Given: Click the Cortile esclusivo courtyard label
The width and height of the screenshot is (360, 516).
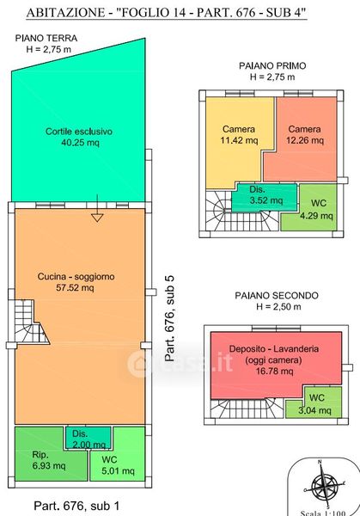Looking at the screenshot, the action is [79, 132].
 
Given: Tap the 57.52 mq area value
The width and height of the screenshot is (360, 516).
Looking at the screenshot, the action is [75, 287].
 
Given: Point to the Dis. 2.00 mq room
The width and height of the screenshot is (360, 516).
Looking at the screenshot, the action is [88, 438].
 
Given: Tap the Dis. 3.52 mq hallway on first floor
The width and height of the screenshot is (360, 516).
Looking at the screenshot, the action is [265, 198].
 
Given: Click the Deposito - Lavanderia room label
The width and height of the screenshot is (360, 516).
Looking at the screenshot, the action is [274, 349].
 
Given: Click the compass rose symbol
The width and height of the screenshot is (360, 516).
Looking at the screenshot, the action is [324, 484].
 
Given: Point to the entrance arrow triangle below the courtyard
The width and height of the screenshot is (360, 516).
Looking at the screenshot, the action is [97, 218].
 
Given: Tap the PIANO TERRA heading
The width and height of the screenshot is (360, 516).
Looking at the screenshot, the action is [46, 38].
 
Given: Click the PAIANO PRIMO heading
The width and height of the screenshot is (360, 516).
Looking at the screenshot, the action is [272, 66].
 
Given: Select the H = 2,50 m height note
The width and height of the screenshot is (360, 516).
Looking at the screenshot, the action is [278, 307].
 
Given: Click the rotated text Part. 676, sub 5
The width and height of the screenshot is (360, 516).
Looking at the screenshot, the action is [169, 318].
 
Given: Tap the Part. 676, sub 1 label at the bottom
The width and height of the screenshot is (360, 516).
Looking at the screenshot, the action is [76, 506].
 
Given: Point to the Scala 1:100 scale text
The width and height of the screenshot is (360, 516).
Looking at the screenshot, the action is [323, 513].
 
